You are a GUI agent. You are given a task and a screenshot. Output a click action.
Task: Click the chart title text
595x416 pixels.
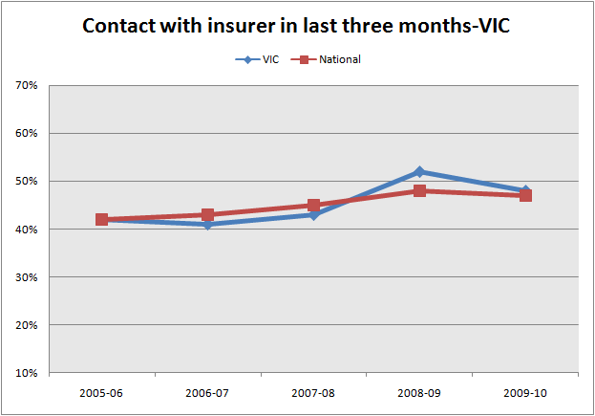pyautogui.click(x=297, y=25)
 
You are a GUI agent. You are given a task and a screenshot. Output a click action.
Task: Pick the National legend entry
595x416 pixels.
pyautogui.click(x=329, y=59)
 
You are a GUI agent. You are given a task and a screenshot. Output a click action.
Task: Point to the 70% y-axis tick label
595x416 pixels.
pyautogui.click(x=26, y=86)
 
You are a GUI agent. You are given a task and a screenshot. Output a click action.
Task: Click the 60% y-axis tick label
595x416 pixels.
pyautogui.click(x=26, y=134)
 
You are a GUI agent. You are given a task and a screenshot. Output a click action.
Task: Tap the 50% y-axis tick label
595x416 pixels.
pyautogui.click(x=26, y=182)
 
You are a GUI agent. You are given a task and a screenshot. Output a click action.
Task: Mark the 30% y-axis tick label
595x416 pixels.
pyautogui.click(x=26, y=277)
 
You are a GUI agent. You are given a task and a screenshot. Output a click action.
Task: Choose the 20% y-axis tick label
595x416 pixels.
pyautogui.click(x=26, y=325)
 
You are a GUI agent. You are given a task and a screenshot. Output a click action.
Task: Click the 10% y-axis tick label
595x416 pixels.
pyautogui.click(x=26, y=373)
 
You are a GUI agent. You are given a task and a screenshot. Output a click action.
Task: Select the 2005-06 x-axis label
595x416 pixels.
pyautogui.click(x=101, y=393)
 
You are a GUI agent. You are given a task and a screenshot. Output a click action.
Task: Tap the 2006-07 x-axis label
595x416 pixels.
pyautogui.click(x=207, y=393)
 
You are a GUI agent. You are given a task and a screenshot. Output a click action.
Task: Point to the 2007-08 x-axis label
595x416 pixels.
pyautogui.click(x=313, y=393)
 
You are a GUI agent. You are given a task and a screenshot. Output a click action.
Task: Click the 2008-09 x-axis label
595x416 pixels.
pyautogui.click(x=419, y=393)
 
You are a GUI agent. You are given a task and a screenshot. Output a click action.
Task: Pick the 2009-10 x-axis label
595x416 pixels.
pyautogui.click(x=525, y=393)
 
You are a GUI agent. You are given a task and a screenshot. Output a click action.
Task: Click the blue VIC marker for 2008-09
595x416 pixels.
pyautogui.click(x=419, y=172)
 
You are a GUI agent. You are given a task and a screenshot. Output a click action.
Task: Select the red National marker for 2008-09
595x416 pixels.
pyautogui.click(x=419, y=191)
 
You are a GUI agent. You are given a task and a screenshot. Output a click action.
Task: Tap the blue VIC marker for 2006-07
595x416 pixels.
pyautogui.click(x=207, y=225)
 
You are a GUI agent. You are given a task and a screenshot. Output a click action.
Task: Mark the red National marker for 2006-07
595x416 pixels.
pyautogui.click(x=207, y=215)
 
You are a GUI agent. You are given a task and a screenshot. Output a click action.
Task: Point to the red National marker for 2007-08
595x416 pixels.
pyautogui.click(x=313, y=206)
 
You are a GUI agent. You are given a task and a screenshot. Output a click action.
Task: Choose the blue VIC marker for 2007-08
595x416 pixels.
pyautogui.click(x=313, y=215)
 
